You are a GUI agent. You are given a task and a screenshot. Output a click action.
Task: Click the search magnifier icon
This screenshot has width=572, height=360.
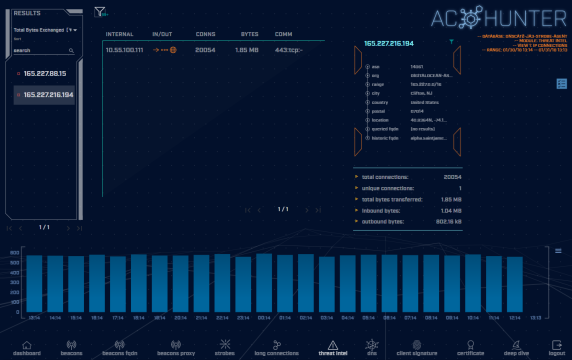coord(70,49)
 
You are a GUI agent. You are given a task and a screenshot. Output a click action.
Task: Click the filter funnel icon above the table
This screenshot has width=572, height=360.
coord(99,13)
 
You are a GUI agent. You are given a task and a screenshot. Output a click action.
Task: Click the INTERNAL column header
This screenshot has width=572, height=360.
coord(119,33)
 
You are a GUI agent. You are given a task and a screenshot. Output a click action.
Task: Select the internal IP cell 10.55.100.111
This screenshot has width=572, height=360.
coord(124,48)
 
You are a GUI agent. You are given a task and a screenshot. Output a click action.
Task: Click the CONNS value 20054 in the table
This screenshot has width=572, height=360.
coord(204,48)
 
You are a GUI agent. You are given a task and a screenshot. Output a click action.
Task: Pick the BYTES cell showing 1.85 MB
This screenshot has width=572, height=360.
coord(247,48)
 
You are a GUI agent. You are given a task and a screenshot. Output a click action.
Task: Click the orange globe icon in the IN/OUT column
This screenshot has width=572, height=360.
coord(173,48)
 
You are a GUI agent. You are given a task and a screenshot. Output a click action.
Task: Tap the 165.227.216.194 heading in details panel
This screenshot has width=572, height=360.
coord(390,43)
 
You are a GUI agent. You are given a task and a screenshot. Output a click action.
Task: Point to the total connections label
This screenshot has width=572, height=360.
coord(391,175)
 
